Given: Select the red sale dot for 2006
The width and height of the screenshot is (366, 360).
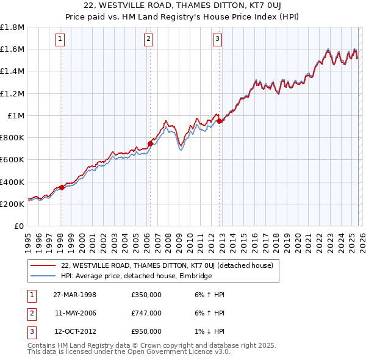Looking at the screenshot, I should [150, 143].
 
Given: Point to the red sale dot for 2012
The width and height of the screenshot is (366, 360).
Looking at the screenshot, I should [220, 121].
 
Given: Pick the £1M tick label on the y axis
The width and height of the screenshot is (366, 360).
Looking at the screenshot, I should [16, 115].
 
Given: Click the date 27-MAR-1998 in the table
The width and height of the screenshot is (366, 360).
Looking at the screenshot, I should [74, 295].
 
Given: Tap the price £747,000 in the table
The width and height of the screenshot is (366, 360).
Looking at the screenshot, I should [146, 313].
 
